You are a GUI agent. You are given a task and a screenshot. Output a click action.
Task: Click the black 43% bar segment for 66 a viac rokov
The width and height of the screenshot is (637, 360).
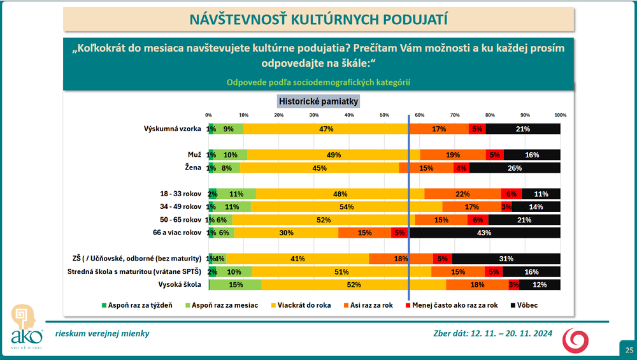484,233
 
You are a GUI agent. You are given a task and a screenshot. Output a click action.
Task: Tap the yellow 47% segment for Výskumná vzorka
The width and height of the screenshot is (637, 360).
326,129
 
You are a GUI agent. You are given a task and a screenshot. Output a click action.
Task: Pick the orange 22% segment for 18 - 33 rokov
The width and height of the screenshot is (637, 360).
462,194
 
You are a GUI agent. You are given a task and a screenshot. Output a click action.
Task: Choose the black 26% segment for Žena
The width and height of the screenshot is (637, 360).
515,168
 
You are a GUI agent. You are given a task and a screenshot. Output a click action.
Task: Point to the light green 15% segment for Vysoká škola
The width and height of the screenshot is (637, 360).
236,285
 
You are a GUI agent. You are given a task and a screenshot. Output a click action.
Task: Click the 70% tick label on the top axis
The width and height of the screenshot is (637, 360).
454,115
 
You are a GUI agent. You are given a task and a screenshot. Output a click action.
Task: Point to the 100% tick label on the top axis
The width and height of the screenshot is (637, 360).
560,115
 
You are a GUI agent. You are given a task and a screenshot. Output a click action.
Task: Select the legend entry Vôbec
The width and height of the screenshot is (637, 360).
525,305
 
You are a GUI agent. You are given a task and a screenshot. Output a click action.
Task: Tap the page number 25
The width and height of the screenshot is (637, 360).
629,350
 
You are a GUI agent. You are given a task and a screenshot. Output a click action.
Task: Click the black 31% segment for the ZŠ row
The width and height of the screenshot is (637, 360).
506,259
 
